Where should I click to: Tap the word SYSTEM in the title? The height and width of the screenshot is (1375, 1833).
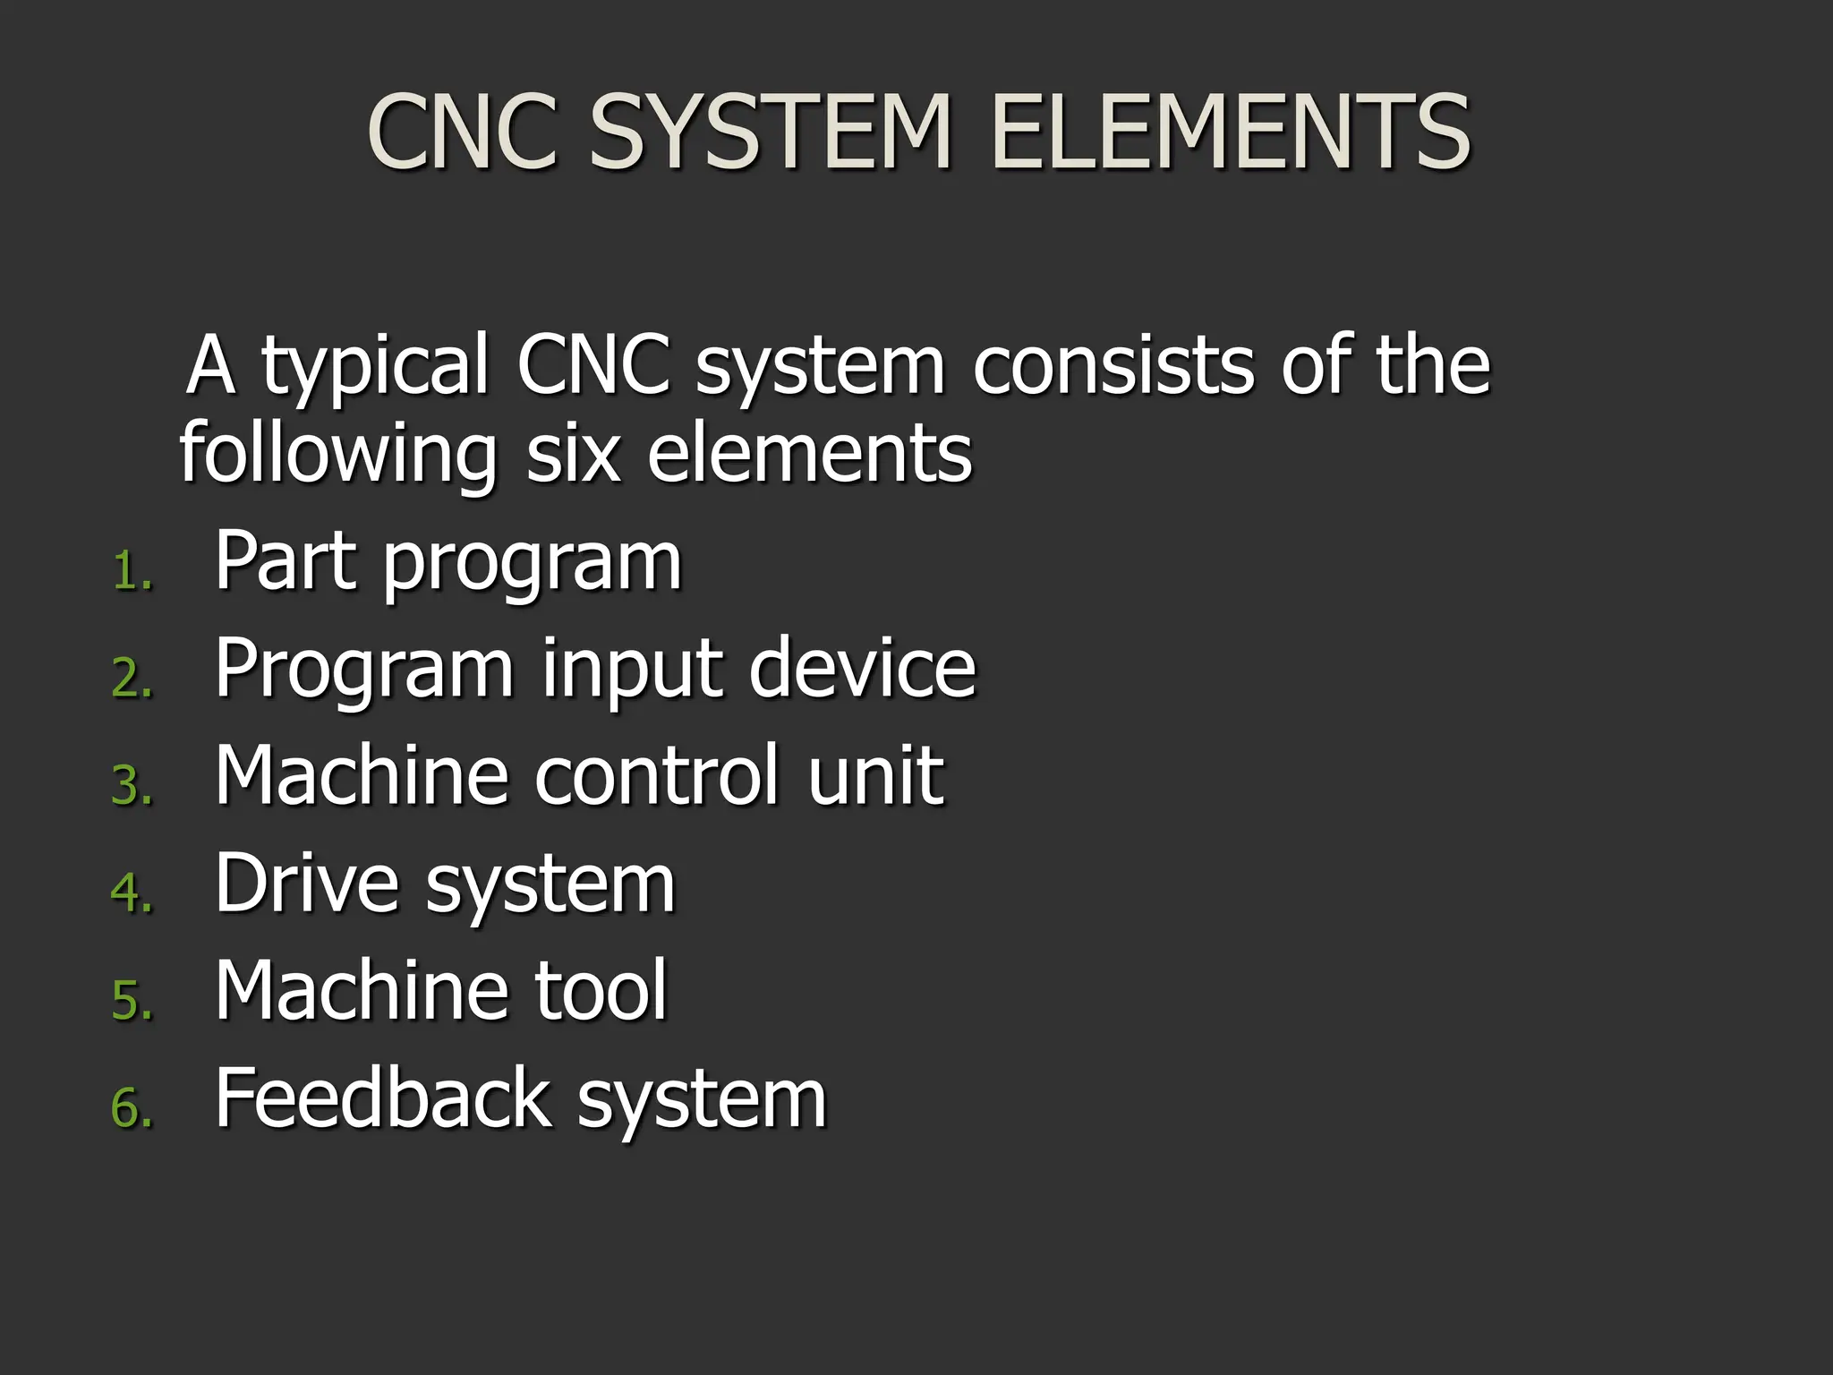770,132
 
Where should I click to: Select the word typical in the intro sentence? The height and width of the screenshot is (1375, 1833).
375,367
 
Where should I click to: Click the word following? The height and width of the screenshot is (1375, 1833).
337,455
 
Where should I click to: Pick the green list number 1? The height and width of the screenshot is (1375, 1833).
132,571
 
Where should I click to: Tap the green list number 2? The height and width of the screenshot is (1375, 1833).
132,678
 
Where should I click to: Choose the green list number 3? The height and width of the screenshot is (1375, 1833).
132,785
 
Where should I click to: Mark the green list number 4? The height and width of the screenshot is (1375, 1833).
132,892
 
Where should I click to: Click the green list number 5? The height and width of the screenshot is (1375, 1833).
132,1000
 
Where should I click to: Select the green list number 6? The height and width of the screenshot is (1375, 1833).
132,1107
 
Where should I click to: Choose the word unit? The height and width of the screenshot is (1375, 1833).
874,775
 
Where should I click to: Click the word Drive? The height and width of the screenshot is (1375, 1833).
306,883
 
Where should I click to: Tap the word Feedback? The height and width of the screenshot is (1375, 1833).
382,1097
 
